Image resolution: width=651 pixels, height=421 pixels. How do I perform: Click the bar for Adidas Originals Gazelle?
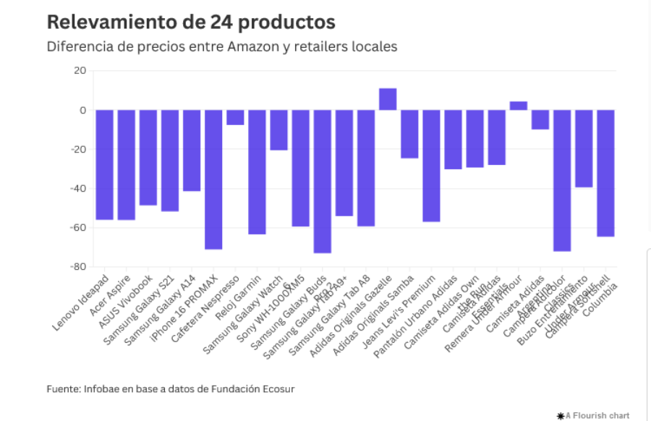(x=388, y=99)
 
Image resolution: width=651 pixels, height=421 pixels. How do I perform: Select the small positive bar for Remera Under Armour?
(x=519, y=106)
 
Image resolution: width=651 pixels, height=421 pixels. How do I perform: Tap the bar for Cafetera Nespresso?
(x=235, y=117)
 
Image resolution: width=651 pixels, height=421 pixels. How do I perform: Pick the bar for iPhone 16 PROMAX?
(x=213, y=179)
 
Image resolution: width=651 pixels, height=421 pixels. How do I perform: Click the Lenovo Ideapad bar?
(x=104, y=165)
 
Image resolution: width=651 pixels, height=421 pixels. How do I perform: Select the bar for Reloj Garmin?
(x=257, y=172)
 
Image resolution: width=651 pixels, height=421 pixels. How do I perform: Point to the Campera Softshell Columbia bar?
(x=605, y=174)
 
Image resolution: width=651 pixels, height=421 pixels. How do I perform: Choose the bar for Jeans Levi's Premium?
(x=431, y=166)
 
